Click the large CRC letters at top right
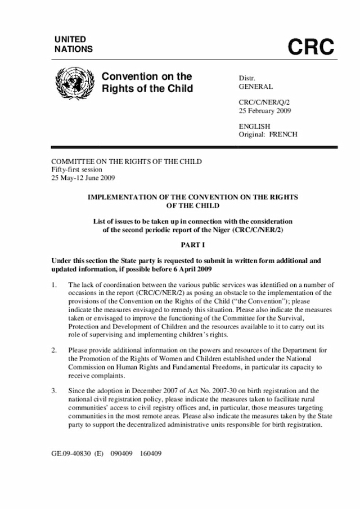pos(311,48)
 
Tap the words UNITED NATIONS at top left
pos(73,44)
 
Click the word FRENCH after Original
pos(283,134)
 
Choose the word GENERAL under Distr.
pos(256,87)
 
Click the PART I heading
pos(192,246)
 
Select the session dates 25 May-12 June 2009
pos(83,178)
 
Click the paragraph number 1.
pos(54,286)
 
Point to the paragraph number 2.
pos(54,350)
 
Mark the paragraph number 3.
pos(54,390)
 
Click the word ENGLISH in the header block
pos(255,127)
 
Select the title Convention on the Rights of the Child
pos(147,83)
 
